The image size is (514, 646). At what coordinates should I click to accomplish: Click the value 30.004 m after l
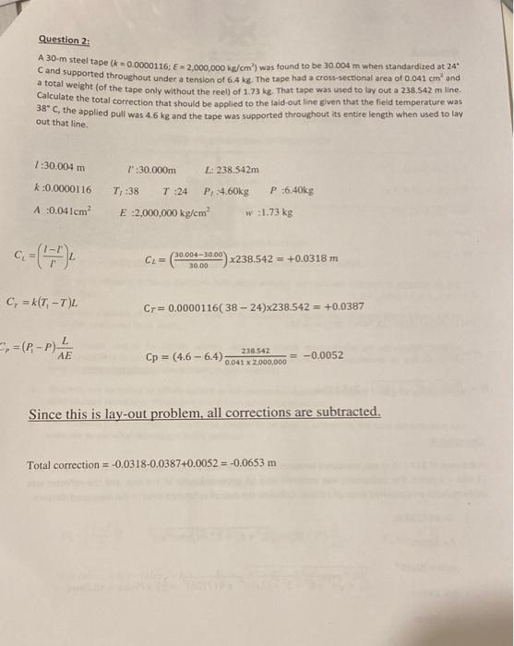point(66,167)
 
